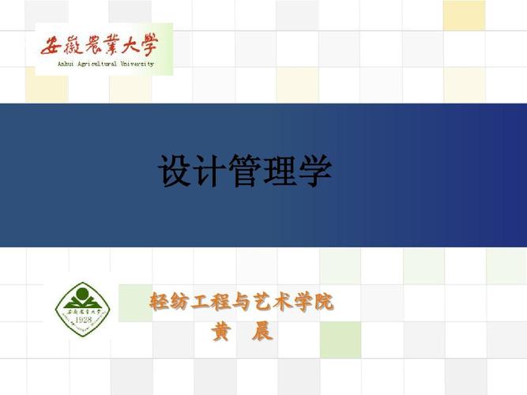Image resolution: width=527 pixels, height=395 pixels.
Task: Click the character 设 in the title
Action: coord(175,171)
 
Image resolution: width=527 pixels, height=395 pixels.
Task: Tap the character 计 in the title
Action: coord(210,171)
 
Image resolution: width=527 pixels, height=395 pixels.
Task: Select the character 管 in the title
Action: coord(245,171)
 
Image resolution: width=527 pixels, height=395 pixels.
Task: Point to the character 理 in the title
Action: coord(280,171)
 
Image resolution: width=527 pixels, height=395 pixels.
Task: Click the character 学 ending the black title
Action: coord(314,171)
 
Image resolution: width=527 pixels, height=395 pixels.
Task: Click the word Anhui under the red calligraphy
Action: coord(66,64)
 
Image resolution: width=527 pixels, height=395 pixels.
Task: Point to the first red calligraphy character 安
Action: coord(54,46)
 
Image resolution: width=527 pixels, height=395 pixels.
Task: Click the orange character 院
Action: coord(324,302)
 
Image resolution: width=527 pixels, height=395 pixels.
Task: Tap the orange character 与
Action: coord(242,302)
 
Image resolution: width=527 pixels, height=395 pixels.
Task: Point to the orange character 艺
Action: coord(262,302)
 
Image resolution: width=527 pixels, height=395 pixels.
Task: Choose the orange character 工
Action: coord(201,302)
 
